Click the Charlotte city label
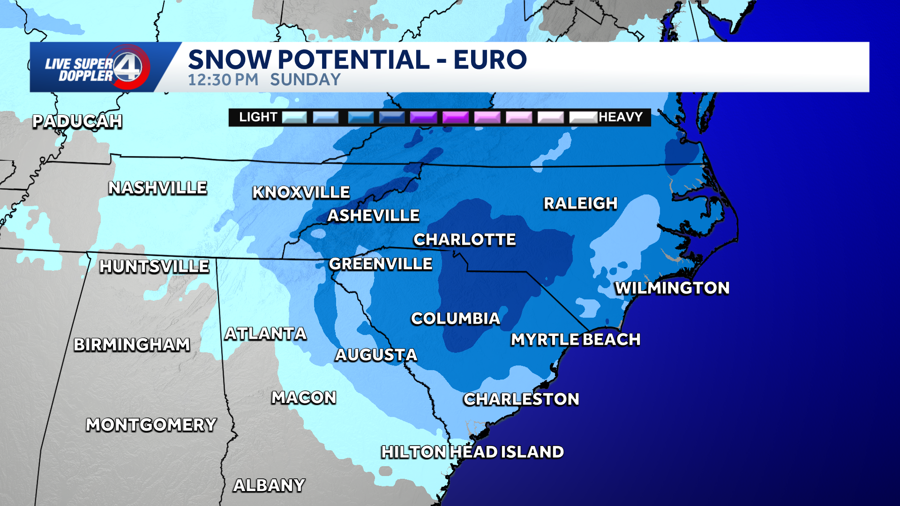point(465,240)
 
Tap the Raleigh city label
point(580,204)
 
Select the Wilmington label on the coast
point(672,288)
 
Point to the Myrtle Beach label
point(576,340)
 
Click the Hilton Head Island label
point(472,452)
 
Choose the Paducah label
point(77,122)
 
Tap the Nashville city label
point(157,188)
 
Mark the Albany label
point(270,485)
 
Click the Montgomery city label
point(151,425)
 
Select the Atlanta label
point(265,334)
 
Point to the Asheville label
point(373,216)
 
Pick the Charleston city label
point(521,399)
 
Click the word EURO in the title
point(490,60)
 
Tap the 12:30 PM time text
point(223,80)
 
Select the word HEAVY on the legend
point(620,117)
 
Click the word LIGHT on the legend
point(258,117)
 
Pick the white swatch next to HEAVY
point(583,117)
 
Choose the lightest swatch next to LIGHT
point(294,117)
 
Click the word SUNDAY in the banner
point(305,80)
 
